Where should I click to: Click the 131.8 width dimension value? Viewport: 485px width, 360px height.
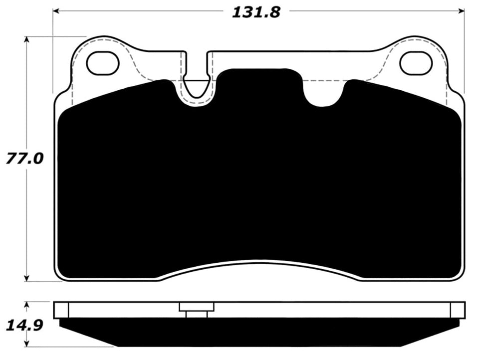(256, 12)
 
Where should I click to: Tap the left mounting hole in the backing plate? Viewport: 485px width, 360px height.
(103, 64)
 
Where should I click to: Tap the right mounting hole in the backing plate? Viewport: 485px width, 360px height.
(415, 64)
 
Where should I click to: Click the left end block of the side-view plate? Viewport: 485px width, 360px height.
(61, 309)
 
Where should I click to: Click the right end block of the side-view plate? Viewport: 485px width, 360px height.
(457, 309)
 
